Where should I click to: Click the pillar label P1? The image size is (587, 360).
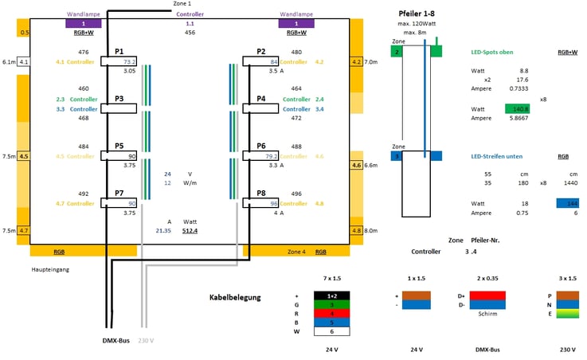(119, 50)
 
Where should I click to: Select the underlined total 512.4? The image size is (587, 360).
(190, 231)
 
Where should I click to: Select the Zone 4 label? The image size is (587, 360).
(295, 252)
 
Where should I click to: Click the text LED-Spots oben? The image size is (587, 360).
(492, 52)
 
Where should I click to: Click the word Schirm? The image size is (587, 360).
(487, 314)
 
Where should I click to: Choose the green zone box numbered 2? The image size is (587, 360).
(397, 52)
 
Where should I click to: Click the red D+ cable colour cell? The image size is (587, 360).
(487, 295)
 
